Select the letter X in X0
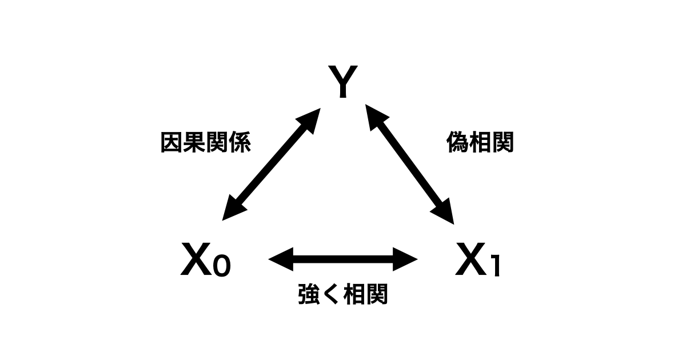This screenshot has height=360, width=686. coord(196,260)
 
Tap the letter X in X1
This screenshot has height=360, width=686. coord(472,260)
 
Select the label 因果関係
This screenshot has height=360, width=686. coord(205,143)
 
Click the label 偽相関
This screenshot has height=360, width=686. coord(480,143)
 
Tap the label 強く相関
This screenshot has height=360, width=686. coord(343,294)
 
